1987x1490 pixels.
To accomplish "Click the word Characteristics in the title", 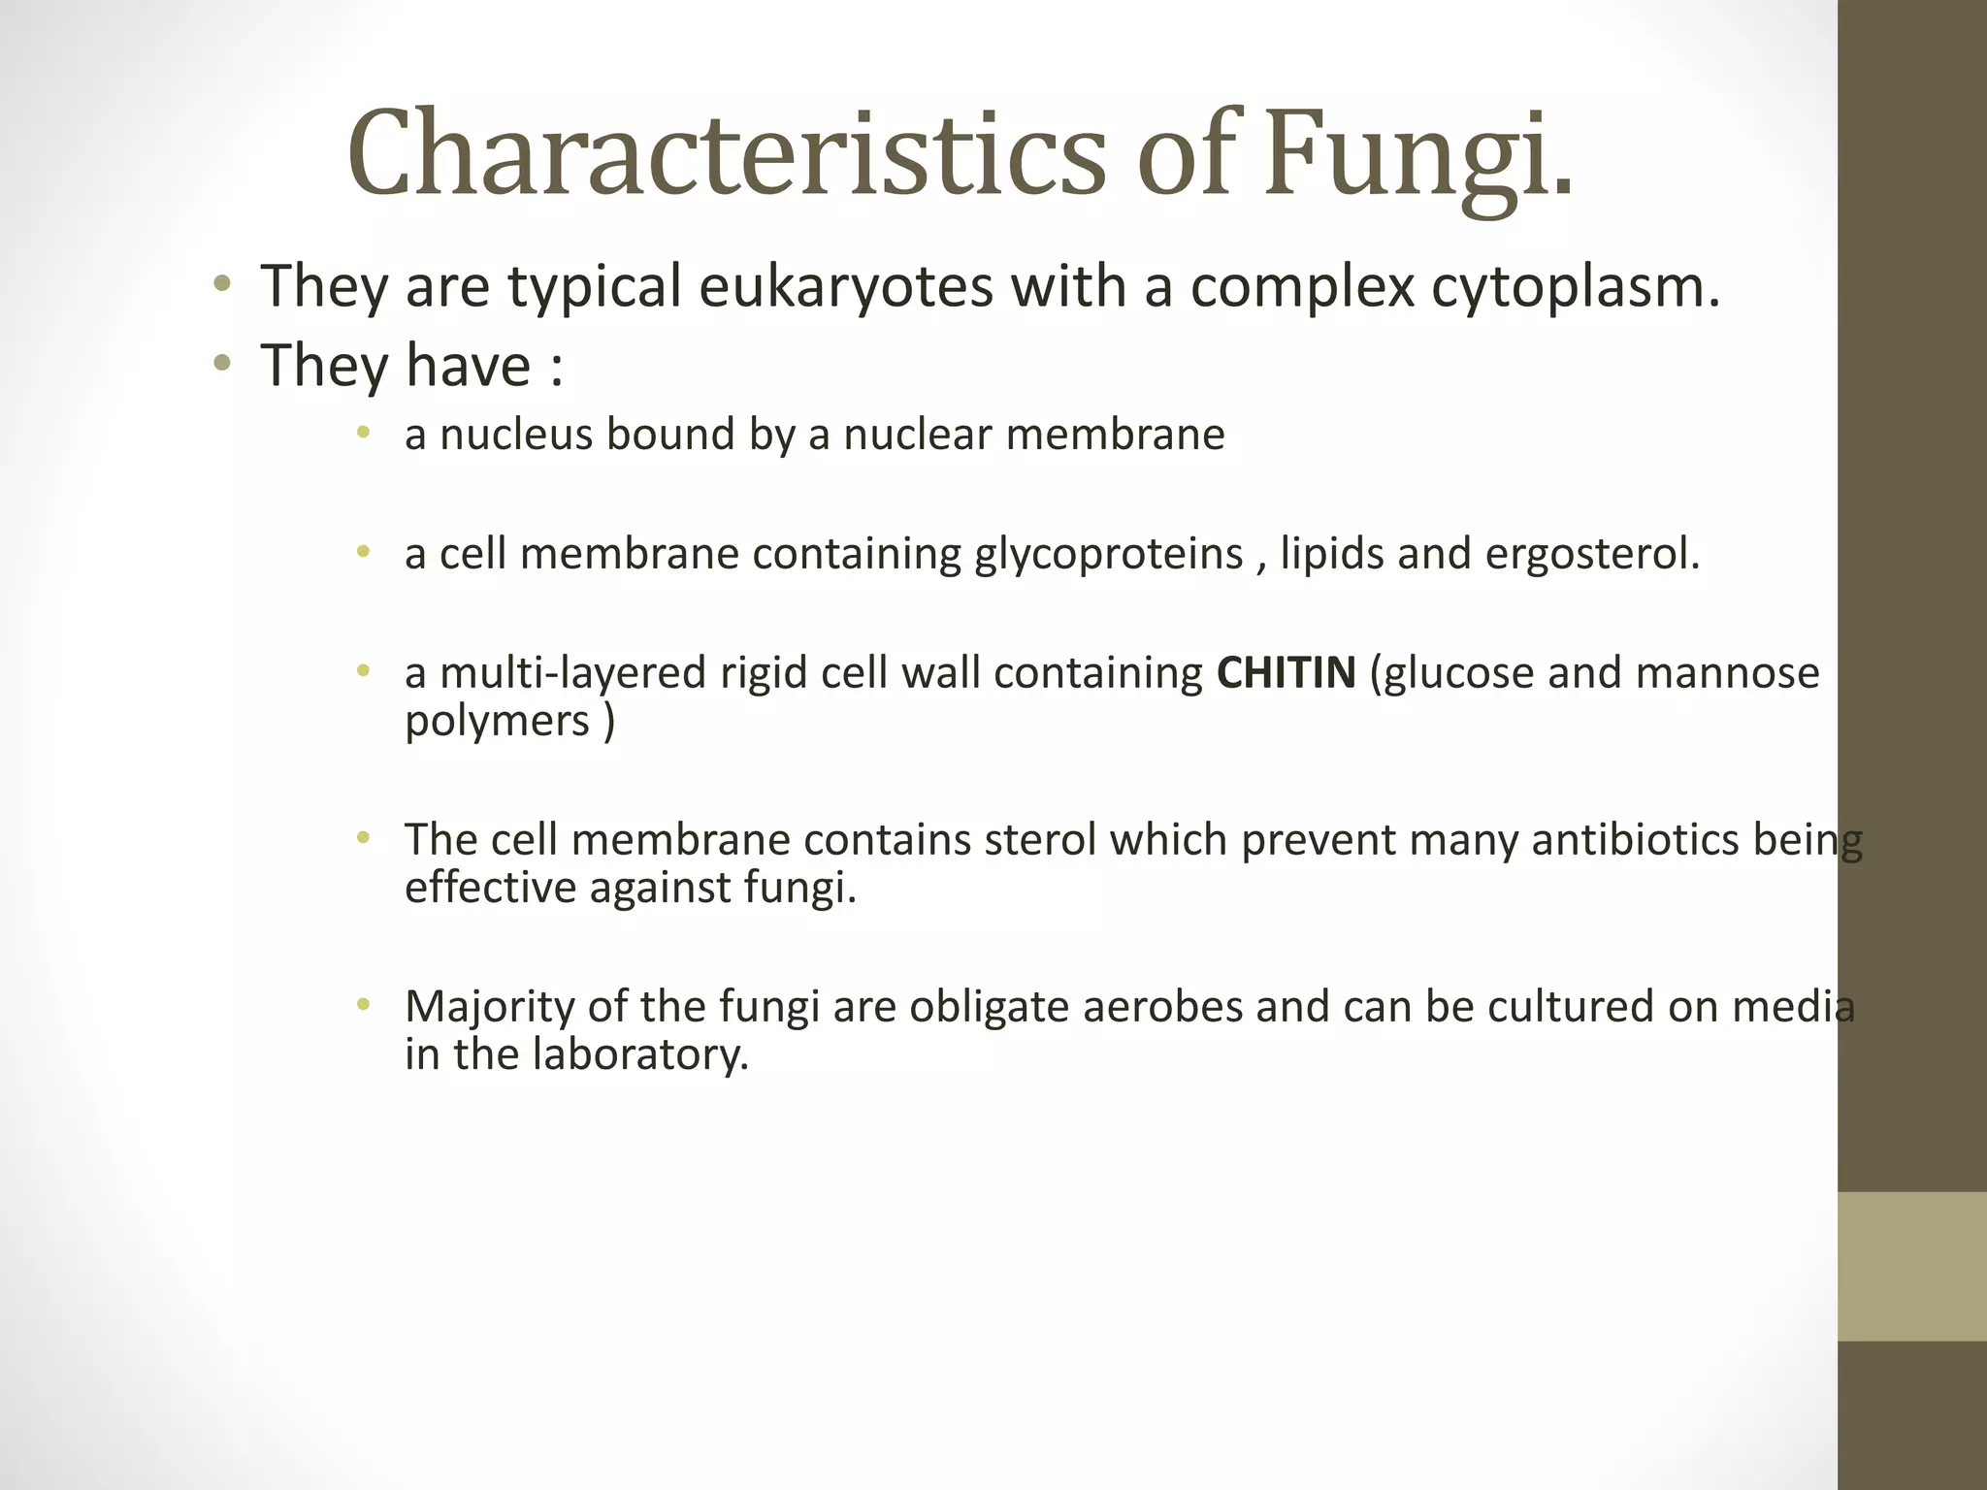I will click(x=726, y=155).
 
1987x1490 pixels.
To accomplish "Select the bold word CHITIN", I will click(x=1286, y=672).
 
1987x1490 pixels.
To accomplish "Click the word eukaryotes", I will click(x=845, y=287).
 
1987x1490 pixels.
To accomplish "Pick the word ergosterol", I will click(x=1591, y=554).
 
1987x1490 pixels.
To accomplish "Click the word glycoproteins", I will click(x=1109, y=554).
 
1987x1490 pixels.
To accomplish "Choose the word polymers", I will click(x=497, y=721).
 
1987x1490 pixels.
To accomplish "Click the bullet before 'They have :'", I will click(x=222, y=365).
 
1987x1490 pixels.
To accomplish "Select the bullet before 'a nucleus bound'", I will click(x=363, y=433).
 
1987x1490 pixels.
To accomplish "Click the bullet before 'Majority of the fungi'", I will click(x=363, y=1005).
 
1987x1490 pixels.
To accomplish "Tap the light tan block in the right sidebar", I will click(x=1911, y=1266).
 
